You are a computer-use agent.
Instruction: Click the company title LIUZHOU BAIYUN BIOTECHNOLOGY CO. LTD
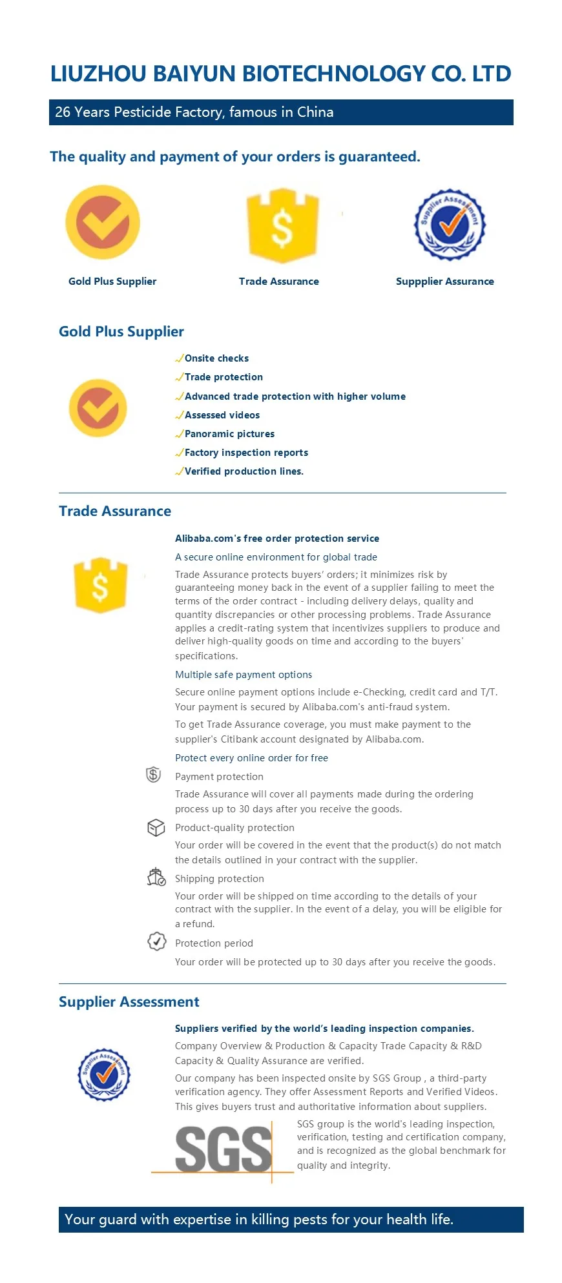click(x=280, y=74)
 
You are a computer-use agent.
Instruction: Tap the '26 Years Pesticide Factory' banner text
click(x=194, y=112)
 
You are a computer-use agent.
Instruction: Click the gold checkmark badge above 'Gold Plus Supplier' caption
click(x=103, y=222)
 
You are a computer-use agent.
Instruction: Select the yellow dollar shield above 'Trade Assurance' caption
click(x=282, y=225)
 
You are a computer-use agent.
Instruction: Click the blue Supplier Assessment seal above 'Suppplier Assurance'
click(x=450, y=224)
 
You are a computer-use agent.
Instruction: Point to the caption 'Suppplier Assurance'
click(x=444, y=282)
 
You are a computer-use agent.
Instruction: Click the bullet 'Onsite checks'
click(x=216, y=358)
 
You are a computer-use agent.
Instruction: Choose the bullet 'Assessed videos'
click(x=222, y=415)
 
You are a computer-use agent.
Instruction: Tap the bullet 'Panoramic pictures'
click(x=229, y=434)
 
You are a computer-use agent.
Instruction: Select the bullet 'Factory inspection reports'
click(x=246, y=453)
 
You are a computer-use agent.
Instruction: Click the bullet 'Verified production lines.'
click(x=244, y=471)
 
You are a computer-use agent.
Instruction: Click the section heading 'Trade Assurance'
click(x=115, y=511)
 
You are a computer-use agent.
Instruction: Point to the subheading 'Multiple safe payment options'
click(x=244, y=675)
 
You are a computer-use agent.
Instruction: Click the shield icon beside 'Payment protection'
click(x=153, y=774)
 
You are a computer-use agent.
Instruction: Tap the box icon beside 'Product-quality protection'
click(x=156, y=827)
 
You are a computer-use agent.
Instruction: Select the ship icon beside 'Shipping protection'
click(x=156, y=878)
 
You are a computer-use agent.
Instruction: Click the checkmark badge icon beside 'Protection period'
click(x=156, y=941)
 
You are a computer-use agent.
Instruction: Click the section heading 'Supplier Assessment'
click(x=129, y=1002)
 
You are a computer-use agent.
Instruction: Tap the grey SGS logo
click(x=224, y=1150)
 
